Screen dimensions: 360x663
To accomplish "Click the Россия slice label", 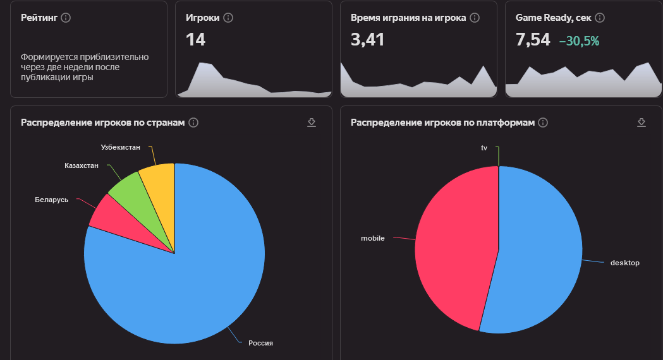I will coord(260,343).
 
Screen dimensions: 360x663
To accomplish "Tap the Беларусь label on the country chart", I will coord(52,200).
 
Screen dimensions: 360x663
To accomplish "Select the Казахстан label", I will coord(82,165).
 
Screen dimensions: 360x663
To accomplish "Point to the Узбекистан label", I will coord(120,147).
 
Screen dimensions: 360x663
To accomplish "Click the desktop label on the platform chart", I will coord(624,263).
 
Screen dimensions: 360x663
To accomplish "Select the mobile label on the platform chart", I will coord(373,238).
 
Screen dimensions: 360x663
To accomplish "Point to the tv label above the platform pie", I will coord(484,148).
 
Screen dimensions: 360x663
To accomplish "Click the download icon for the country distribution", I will coord(312,122).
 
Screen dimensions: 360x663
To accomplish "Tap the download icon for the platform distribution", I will coord(642,122).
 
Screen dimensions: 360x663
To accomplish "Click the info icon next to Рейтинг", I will coord(66,18).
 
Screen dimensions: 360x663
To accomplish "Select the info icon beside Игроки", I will coord(228,18).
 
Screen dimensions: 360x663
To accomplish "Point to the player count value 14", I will coord(195,40).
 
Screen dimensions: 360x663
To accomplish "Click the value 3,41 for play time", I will coord(367,40).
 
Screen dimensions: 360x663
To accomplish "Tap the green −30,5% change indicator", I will coord(579,41).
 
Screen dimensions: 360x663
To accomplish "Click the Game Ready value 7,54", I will coord(533,40).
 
